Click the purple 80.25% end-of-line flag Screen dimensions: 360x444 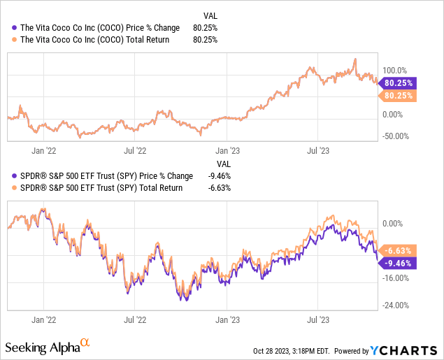pos(399,82)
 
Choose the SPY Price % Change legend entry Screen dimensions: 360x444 pos(103,176)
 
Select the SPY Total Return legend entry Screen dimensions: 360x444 pos(98,187)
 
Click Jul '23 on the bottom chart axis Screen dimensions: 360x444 pos(319,319)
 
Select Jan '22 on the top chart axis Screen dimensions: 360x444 pos(44,150)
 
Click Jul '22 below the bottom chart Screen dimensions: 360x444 pos(135,319)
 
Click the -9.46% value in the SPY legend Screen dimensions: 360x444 pos(218,176)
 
